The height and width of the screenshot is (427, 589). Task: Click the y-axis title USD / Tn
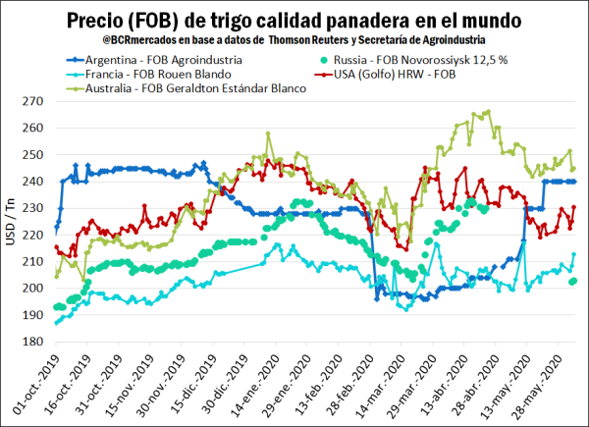12,223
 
